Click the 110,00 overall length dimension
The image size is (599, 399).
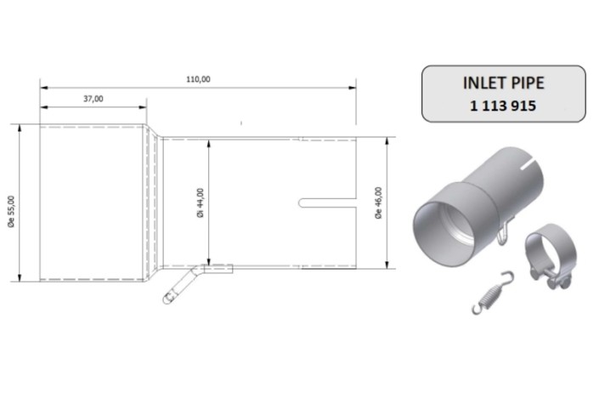[x=198, y=79]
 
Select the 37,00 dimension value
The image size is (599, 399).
[x=93, y=100]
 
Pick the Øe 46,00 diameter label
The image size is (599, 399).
[x=378, y=202]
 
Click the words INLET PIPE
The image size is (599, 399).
[x=504, y=85]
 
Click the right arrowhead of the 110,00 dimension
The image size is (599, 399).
[x=353, y=86]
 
